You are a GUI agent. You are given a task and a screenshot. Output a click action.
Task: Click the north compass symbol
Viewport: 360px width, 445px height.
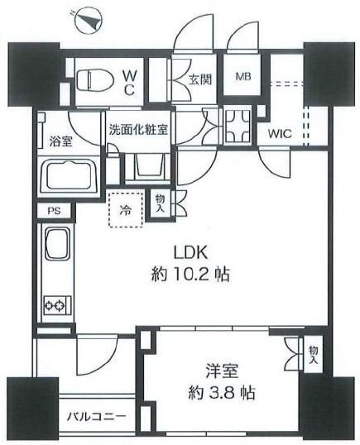[88, 21]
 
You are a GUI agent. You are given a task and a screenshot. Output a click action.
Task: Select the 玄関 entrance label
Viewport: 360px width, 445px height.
[200, 79]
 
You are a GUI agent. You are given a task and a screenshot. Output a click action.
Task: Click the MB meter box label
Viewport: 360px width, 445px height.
[243, 76]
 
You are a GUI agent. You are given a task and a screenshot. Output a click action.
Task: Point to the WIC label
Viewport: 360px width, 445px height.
[280, 133]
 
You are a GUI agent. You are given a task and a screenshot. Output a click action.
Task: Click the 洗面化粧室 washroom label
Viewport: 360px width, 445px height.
[138, 130]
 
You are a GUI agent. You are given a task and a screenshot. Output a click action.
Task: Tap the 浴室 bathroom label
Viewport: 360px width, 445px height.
[60, 141]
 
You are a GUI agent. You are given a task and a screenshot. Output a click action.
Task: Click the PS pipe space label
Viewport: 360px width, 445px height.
[54, 211]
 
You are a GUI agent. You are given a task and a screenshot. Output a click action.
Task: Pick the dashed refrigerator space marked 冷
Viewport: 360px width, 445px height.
[125, 209]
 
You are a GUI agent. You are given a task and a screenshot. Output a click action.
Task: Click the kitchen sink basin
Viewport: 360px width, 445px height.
[58, 243]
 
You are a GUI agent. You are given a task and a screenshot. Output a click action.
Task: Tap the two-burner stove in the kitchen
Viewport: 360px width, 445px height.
[57, 305]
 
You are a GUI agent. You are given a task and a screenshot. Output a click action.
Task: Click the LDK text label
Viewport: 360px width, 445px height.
[191, 253]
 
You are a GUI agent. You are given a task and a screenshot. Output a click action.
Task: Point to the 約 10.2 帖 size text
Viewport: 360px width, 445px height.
[190, 275]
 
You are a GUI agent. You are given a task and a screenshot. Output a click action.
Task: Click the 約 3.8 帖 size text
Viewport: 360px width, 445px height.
[222, 393]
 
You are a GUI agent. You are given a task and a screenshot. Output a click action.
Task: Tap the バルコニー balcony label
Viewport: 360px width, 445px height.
[96, 417]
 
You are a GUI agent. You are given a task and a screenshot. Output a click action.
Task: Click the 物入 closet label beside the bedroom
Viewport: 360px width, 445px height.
[314, 356]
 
